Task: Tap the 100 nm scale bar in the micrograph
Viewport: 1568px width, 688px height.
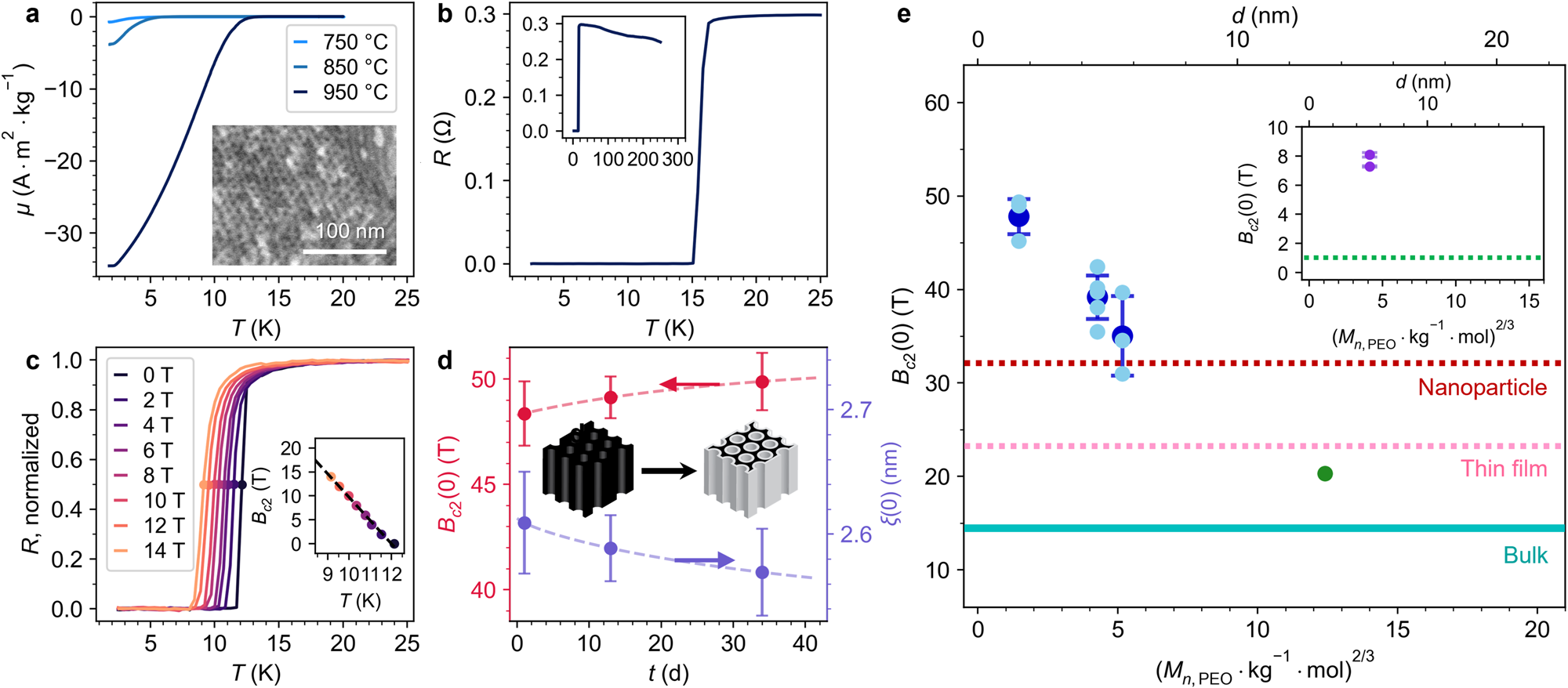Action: tap(344, 252)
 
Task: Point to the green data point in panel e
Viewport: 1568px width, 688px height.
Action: tap(1325, 473)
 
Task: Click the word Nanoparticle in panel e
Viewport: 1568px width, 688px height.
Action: tap(1482, 388)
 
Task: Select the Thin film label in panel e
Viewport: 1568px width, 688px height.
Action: tap(1504, 469)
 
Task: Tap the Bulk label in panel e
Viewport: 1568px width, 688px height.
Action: tap(1525, 556)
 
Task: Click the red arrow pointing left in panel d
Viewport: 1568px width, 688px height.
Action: tap(690, 384)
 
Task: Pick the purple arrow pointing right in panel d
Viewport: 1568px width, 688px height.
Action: tap(704, 560)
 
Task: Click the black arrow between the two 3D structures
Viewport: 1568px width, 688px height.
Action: tap(668, 471)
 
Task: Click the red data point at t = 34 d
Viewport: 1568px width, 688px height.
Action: tap(762, 382)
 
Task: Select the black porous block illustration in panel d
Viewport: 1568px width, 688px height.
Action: tap(587, 468)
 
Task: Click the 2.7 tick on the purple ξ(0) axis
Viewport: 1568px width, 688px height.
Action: tap(855, 410)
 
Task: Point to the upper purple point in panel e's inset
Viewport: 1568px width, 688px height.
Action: tap(1370, 155)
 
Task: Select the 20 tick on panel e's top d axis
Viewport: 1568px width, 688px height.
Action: tap(1496, 39)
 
